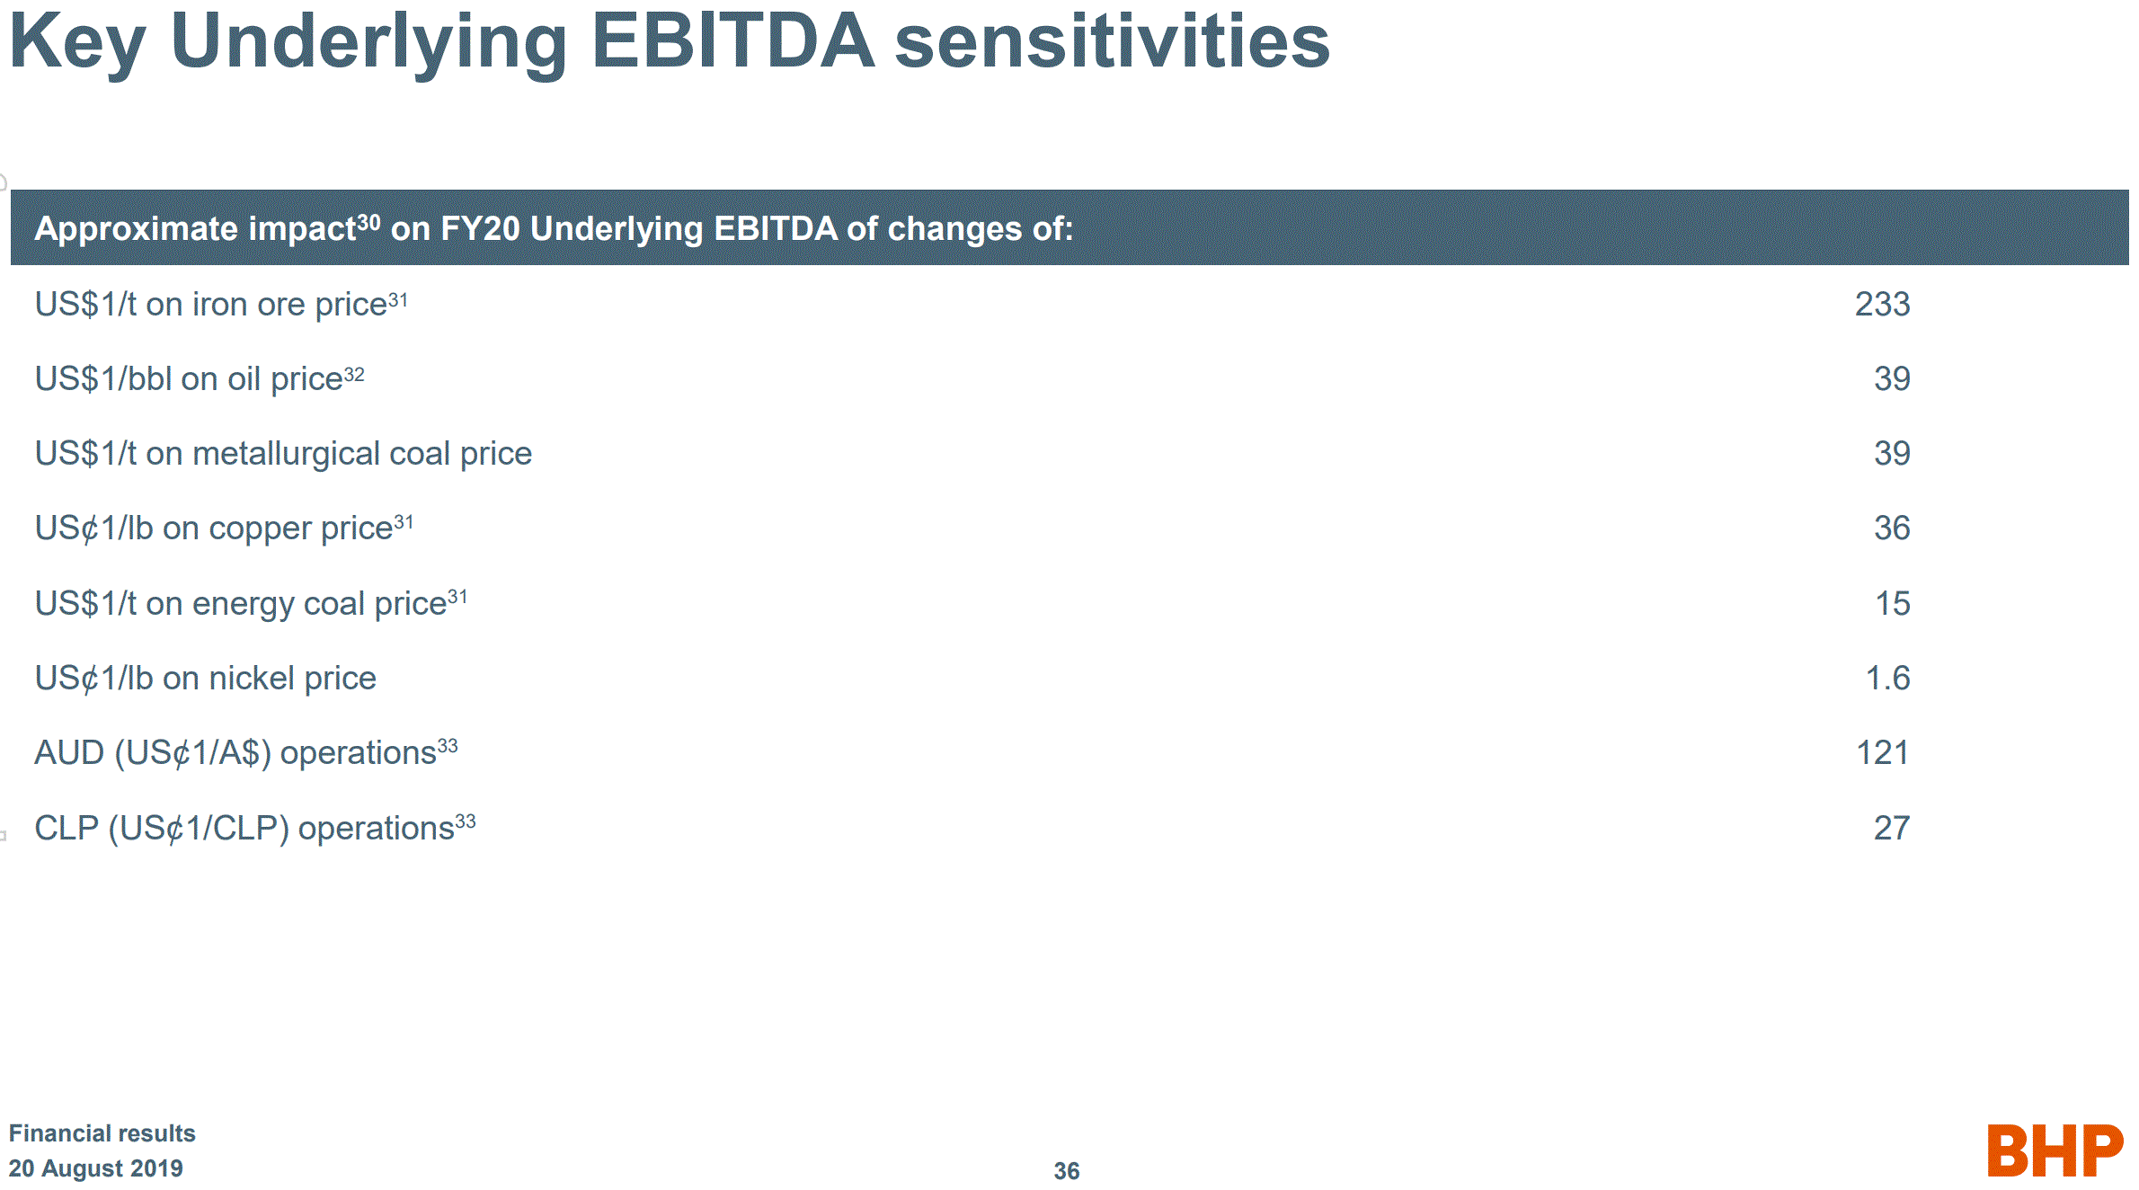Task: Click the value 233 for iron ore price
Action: pos(1882,304)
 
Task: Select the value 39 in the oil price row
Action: pos(1892,378)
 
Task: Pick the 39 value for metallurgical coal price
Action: pos(1892,453)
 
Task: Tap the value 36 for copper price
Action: pos(1892,528)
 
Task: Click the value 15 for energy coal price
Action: pos(1893,603)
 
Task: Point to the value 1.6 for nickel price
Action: pos(1888,678)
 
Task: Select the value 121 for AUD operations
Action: pos(1883,752)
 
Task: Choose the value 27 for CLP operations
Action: pos(1892,828)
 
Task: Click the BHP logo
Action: pos(2055,1150)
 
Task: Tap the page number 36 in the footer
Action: pos(1067,1171)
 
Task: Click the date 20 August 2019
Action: pos(96,1168)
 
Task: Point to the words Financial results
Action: pos(102,1133)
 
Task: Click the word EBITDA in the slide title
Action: pos(733,40)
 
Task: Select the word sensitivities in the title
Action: pos(1113,40)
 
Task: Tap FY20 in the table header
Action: pos(481,229)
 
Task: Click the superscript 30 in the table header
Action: pos(368,221)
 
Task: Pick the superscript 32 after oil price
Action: pos(354,374)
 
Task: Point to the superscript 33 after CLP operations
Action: pos(466,821)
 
